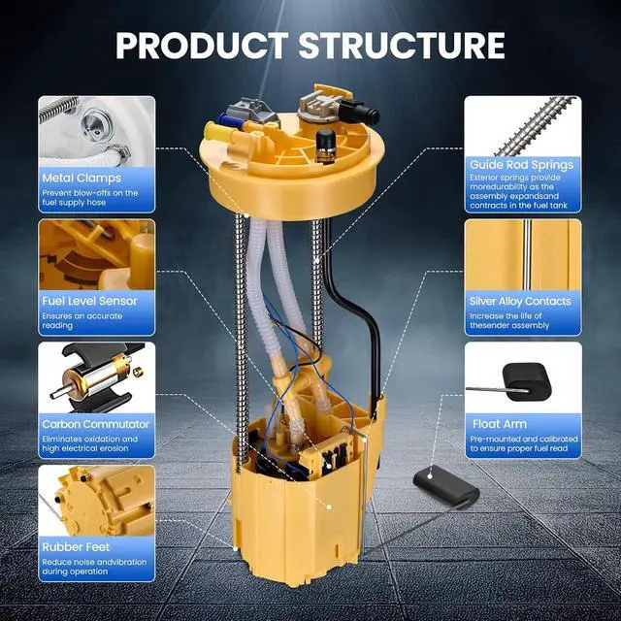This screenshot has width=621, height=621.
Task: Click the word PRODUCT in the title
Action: point(203,46)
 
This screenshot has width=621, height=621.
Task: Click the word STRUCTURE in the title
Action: point(402,46)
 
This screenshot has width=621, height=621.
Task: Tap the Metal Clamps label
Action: point(82,178)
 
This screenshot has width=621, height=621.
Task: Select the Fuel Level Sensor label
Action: point(89,301)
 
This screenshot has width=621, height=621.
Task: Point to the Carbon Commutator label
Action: point(95,424)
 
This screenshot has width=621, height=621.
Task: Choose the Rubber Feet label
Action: point(76,547)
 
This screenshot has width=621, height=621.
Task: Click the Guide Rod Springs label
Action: point(522,164)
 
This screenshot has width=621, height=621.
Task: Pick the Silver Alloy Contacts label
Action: point(520,301)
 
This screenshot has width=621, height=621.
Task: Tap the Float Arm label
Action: point(500,424)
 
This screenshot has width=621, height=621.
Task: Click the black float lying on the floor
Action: point(445,486)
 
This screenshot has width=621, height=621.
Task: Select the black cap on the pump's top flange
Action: point(326,145)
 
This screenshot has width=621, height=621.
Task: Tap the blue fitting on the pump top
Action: point(229,119)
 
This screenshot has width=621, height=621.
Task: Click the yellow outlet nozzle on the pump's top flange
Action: point(216,132)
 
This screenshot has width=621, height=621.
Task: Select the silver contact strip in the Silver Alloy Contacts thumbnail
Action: point(527,254)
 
